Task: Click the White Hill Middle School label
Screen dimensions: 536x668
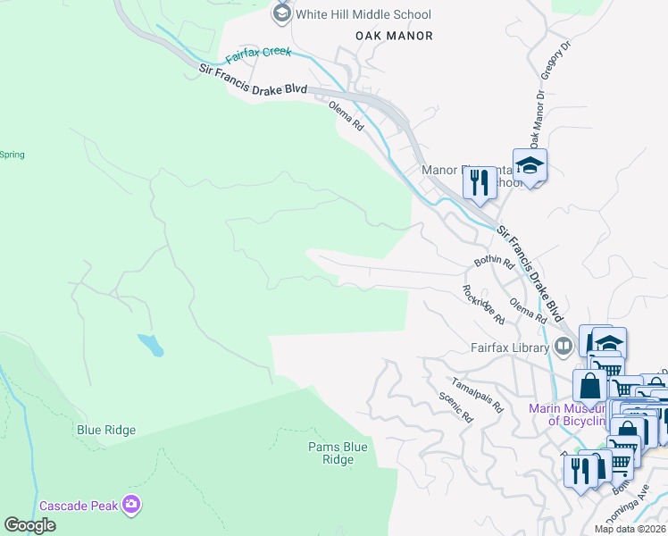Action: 364,14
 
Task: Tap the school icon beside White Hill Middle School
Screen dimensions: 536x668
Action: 282,13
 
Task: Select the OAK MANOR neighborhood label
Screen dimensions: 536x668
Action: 394,36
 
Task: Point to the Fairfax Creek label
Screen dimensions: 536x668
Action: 258,55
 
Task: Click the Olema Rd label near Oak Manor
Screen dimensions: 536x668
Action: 347,116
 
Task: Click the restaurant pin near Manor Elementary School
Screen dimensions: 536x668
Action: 480,182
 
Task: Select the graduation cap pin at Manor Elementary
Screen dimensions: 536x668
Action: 530,165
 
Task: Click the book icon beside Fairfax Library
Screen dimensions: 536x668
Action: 564,346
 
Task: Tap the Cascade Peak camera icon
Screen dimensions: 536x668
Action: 132,506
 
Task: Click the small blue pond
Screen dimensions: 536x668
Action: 150,344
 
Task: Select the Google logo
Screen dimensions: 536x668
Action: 30,525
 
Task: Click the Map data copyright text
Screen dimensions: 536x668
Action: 630,529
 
